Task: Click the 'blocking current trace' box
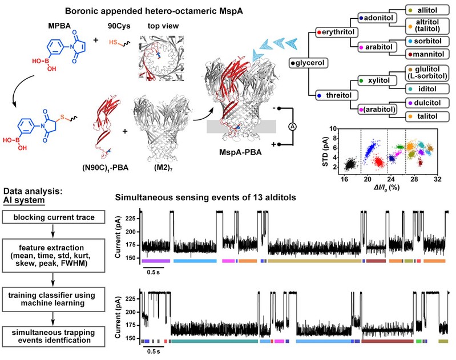(53, 217)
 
